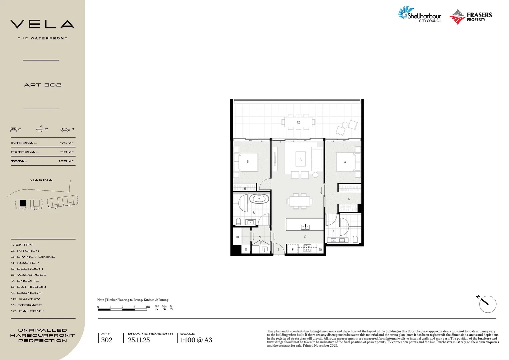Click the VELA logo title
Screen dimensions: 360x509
[42, 24]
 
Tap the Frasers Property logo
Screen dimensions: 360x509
[470, 17]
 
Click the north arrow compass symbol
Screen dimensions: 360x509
[487, 304]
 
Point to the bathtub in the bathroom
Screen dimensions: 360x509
[259, 199]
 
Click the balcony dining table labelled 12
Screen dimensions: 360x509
[298, 122]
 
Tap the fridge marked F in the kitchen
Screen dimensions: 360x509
[292, 249]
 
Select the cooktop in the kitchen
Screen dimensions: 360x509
[307, 248]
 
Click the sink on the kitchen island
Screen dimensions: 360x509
[305, 227]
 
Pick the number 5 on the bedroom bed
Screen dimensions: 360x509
[248, 162]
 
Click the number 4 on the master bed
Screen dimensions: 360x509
[345, 162]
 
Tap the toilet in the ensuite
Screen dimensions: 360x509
[355, 239]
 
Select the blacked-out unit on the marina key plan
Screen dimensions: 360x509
[23, 203]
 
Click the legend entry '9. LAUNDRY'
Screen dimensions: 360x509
[26, 293]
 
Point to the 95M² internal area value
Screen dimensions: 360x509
[67, 143]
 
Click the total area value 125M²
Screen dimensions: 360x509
[66, 161]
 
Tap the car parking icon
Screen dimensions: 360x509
[65, 129]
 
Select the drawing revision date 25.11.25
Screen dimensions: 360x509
[139, 340]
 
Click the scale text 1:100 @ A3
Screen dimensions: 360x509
[196, 340]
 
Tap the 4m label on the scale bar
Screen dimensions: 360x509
[147, 307]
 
